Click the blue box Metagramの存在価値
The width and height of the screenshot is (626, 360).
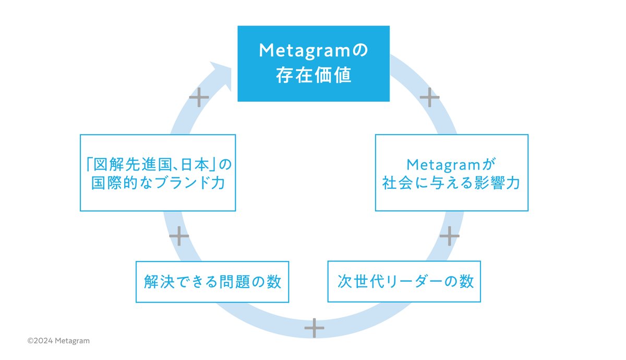click(x=314, y=63)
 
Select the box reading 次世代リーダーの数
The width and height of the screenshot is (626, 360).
click(x=404, y=281)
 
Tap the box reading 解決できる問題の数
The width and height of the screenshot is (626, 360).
click(x=212, y=282)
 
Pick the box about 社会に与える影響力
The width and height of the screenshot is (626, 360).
click(x=451, y=173)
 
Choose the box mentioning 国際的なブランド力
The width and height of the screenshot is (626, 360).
click(x=158, y=173)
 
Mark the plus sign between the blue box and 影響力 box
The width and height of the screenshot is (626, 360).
click(x=429, y=98)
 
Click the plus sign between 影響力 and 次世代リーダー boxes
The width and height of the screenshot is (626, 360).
click(x=449, y=236)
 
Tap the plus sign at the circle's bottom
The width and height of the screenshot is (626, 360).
click(x=314, y=328)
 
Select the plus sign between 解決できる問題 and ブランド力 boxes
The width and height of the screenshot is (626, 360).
click(x=179, y=236)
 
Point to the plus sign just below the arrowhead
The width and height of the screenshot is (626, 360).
click(x=199, y=98)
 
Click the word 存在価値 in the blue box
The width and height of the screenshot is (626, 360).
click(x=314, y=76)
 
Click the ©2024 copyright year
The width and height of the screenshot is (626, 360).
click(x=42, y=341)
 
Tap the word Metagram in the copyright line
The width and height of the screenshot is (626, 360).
click(x=74, y=341)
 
